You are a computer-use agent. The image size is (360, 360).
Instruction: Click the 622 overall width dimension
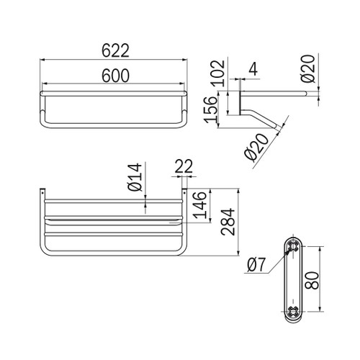point(115,50)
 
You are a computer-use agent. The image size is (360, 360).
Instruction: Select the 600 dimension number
point(115,76)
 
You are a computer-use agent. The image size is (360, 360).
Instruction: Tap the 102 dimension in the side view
point(218,73)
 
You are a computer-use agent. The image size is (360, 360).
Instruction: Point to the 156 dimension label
point(210,109)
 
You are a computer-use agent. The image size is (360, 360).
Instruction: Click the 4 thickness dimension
point(253,69)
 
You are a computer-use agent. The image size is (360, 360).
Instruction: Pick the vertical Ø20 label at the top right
point(307,68)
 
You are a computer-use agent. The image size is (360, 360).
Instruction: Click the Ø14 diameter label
point(135,177)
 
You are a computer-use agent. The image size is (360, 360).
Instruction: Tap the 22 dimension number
point(184,166)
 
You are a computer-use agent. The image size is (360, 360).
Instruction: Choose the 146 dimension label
point(200,205)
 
